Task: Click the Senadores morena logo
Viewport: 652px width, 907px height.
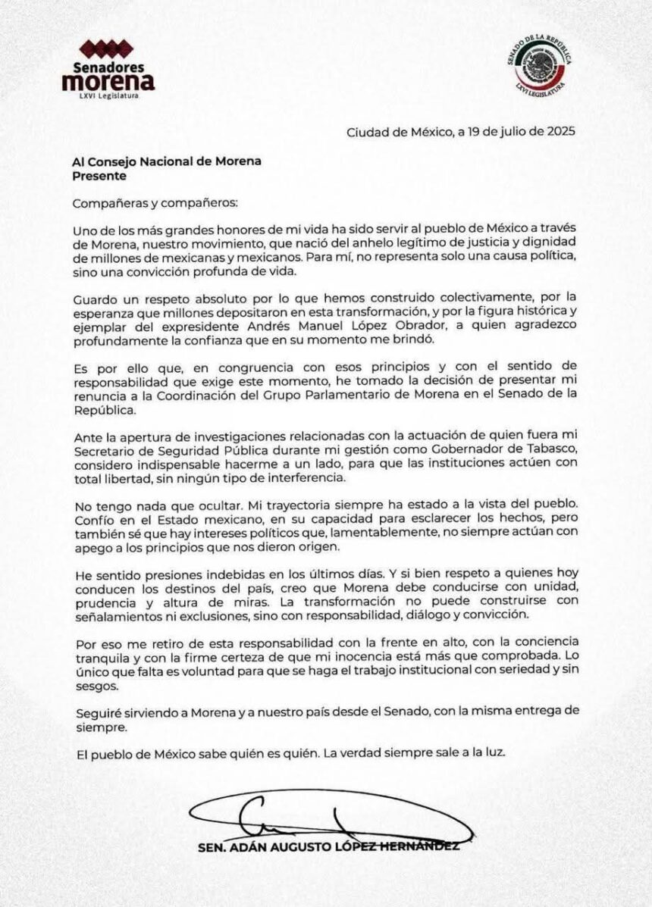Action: (108, 67)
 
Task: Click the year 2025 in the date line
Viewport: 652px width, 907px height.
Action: (560, 130)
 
